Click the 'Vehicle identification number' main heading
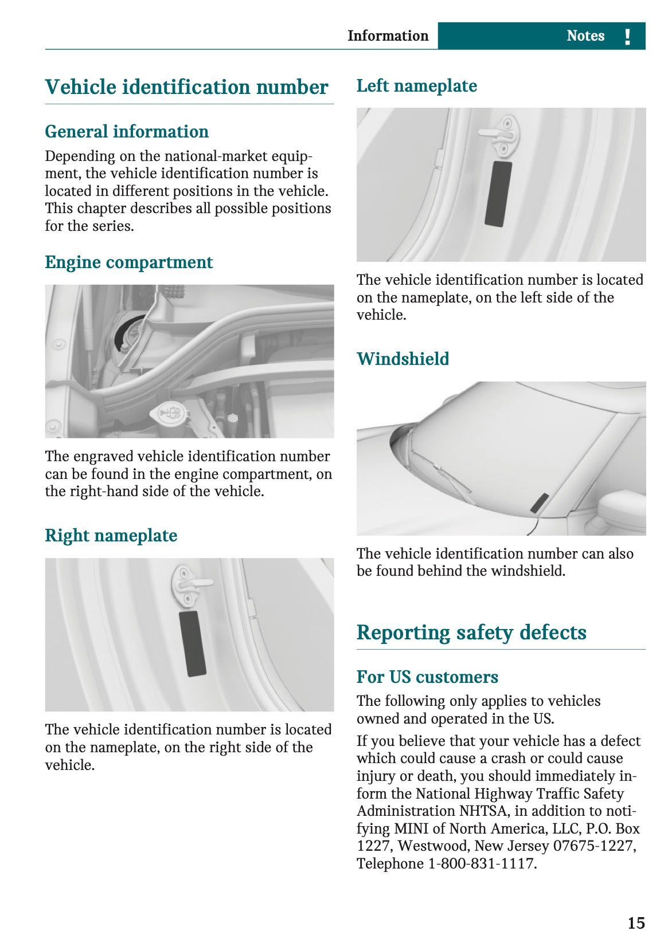(x=186, y=87)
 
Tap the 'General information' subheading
(x=127, y=132)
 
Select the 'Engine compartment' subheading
(x=129, y=262)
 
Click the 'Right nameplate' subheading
(x=111, y=536)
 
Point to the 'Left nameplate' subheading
(x=417, y=86)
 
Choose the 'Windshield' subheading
(x=403, y=359)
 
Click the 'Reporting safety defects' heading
(x=471, y=632)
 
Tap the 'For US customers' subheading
(x=427, y=677)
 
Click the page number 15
(x=636, y=923)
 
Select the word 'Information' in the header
(x=388, y=36)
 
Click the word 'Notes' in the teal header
(x=585, y=36)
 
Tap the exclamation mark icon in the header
(x=628, y=37)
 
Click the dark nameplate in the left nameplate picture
(x=498, y=194)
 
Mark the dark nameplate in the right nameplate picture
(x=192, y=643)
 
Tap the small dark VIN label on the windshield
(x=540, y=502)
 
